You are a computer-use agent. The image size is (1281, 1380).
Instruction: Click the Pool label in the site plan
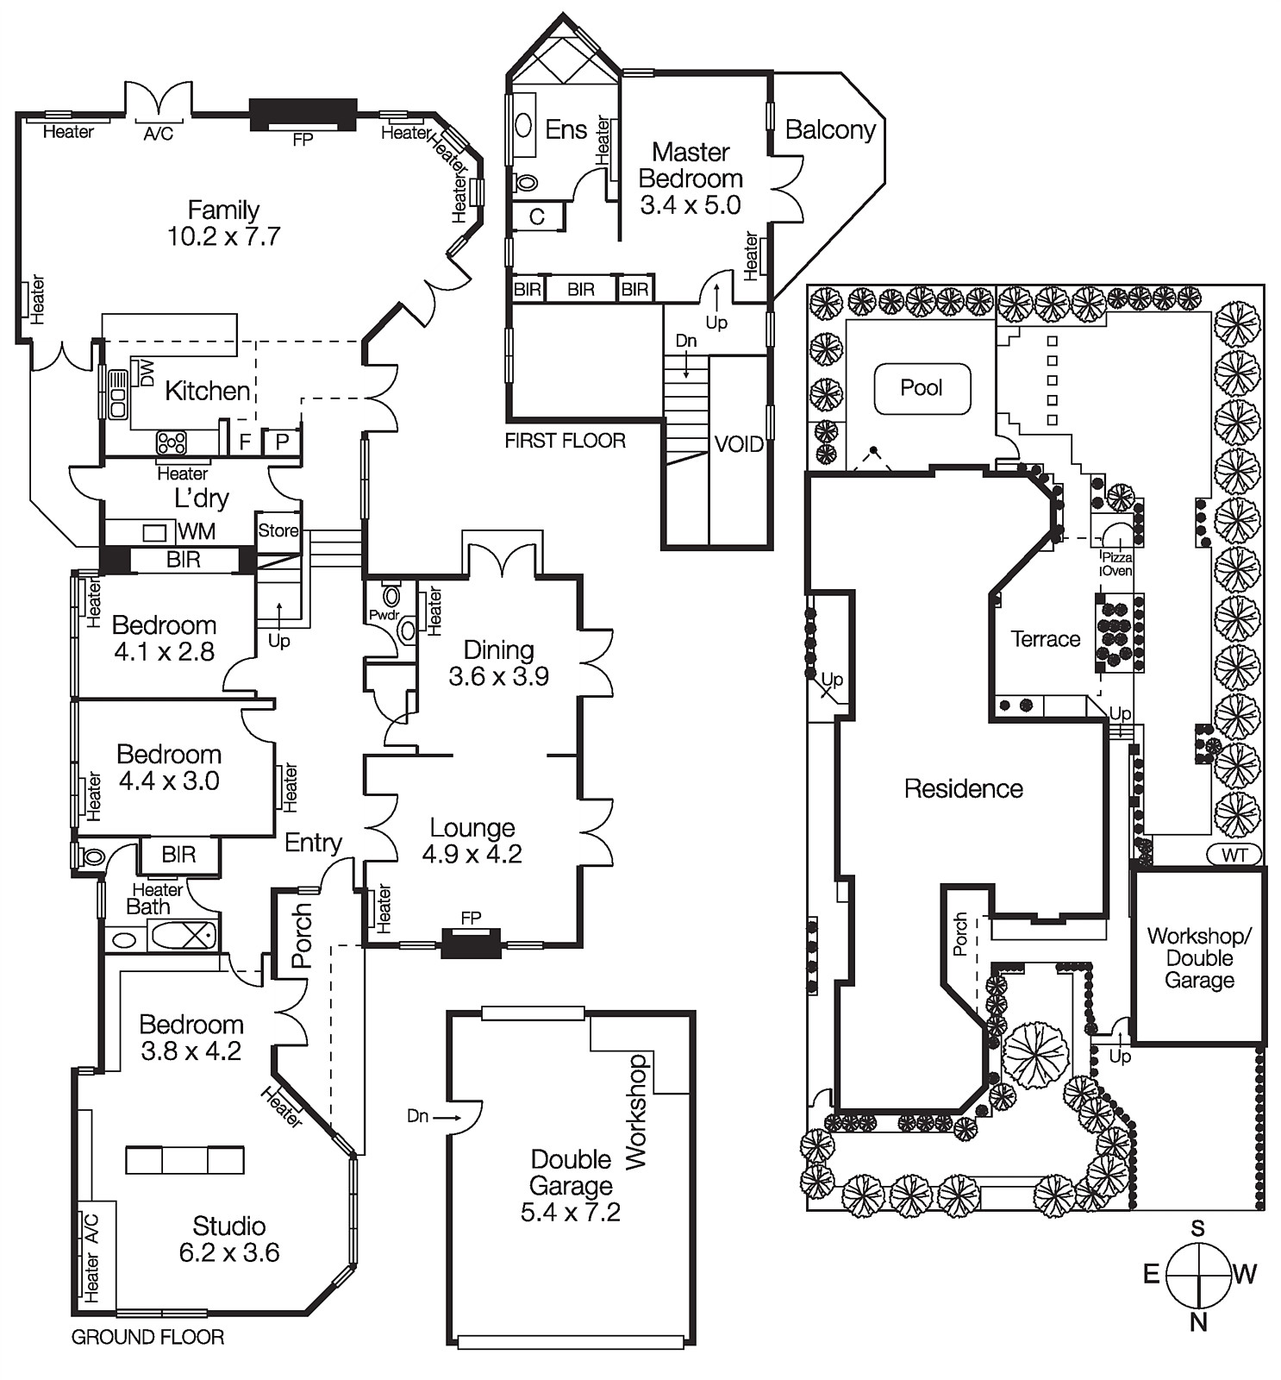(x=921, y=388)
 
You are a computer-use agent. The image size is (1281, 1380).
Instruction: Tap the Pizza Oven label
(x=1116, y=564)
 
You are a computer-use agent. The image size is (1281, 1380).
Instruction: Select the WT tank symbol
(x=1234, y=855)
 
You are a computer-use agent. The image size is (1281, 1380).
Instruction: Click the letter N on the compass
(x=1198, y=1321)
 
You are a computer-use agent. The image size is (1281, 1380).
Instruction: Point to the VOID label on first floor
(x=739, y=444)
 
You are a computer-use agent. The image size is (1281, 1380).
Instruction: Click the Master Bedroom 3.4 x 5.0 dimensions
(x=690, y=205)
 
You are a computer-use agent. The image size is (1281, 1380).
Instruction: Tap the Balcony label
(x=829, y=130)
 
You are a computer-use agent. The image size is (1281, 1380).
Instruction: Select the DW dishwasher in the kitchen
(x=147, y=373)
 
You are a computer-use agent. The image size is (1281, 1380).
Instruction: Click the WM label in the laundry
(x=197, y=531)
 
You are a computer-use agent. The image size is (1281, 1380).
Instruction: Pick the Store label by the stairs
(x=278, y=530)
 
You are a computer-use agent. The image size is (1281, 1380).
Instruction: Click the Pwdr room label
(x=384, y=615)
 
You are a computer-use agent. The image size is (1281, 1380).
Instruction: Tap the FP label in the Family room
(x=303, y=139)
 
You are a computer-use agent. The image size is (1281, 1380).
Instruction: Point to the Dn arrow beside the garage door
(x=430, y=1116)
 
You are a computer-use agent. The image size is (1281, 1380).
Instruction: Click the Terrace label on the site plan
(x=1045, y=639)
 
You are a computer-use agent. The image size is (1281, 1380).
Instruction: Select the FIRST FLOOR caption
(x=565, y=441)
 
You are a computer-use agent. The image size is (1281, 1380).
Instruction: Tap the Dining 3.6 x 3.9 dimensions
(x=498, y=676)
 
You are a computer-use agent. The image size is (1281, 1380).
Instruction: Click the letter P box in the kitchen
(x=281, y=442)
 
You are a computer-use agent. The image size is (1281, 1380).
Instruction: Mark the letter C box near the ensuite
(x=536, y=216)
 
